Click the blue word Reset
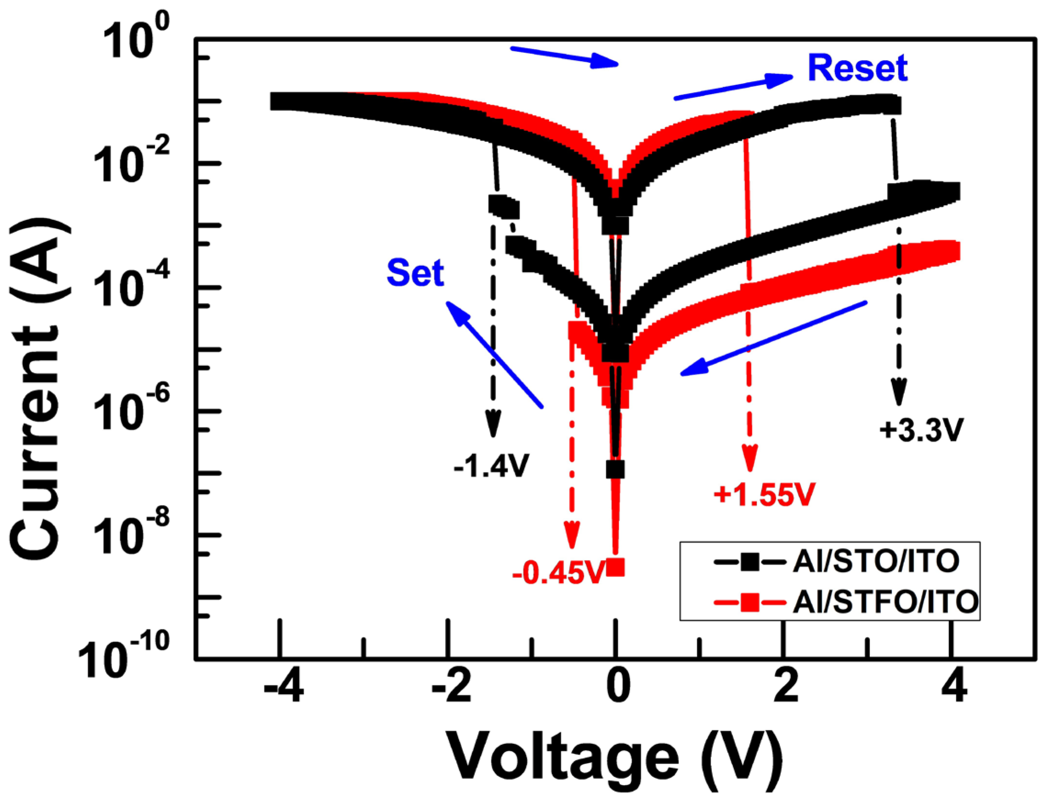pos(857,67)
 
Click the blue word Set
pos(415,273)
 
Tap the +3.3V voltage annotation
pos(920,430)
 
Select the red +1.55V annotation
pos(764,494)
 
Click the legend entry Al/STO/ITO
pos(875,562)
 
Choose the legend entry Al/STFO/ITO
pos(885,601)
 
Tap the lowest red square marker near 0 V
pos(615,567)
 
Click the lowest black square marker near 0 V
pos(615,470)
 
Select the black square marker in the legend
pos(749,562)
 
